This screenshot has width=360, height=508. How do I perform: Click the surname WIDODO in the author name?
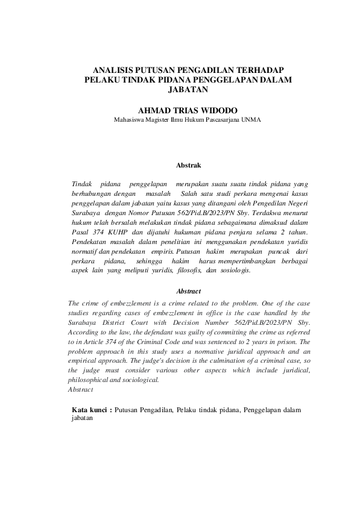[x=216, y=110]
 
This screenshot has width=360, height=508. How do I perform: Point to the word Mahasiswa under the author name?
[x=131, y=119]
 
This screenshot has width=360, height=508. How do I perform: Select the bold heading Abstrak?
[x=187, y=165]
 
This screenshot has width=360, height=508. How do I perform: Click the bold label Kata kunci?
[x=90, y=409]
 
